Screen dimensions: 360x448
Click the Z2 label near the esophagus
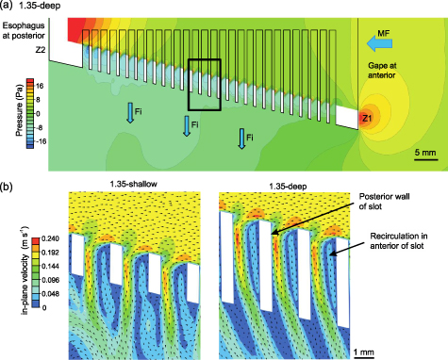tap(40, 47)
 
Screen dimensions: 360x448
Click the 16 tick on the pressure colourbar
tap(43, 83)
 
